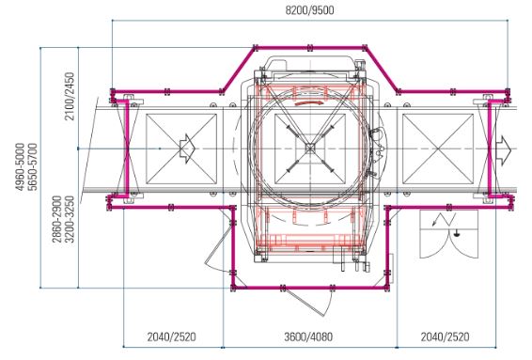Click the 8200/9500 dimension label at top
tap(309, 10)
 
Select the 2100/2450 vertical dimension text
tap(70, 97)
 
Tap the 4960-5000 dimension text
tap(21, 167)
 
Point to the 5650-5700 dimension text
tap(33, 167)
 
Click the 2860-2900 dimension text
tap(57, 219)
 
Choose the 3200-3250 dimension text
tap(70, 219)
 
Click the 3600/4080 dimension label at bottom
tap(308, 337)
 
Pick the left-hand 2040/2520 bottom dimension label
tap(172, 337)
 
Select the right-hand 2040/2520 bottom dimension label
tap(446, 337)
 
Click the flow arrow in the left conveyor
tap(188, 149)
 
